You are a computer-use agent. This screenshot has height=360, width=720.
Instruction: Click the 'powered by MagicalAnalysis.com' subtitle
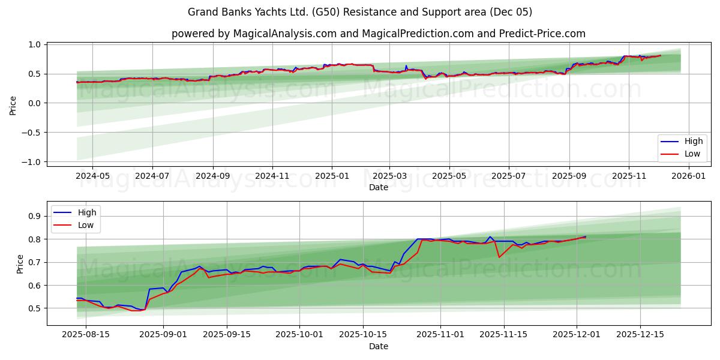click(378, 34)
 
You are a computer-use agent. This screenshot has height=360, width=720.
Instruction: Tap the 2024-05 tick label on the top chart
click(92, 176)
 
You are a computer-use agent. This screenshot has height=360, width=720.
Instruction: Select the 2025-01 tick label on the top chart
click(331, 176)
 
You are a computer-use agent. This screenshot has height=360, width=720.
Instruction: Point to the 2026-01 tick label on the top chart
click(688, 176)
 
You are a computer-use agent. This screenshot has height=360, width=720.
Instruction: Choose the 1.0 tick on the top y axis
click(34, 45)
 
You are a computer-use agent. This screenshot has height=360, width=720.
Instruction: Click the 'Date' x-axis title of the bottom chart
click(378, 346)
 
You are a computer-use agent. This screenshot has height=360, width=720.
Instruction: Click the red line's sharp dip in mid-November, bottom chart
click(499, 257)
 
